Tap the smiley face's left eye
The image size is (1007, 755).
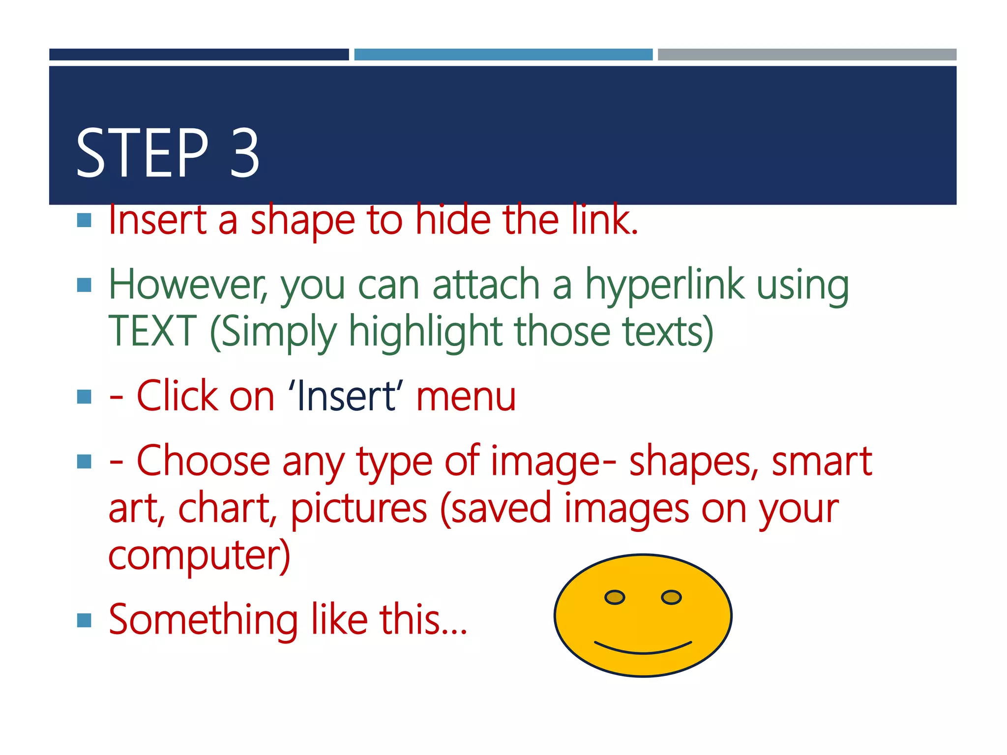(614, 597)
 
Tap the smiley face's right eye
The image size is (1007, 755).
(671, 597)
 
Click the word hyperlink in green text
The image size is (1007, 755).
(664, 286)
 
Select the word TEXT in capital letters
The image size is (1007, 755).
(152, 331)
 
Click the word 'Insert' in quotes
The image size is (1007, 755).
(346, 396)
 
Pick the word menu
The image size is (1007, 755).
(466, 396)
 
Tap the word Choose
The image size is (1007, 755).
(203, 461)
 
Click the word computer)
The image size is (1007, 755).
(199, 555)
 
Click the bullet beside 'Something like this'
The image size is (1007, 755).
(85, 620)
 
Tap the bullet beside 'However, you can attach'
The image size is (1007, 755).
(85, 285)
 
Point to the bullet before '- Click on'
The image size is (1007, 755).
(85, 396)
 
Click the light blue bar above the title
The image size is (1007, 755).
(503, 55)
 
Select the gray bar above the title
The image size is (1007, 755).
(807, 55)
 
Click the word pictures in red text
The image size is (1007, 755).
(359, 509)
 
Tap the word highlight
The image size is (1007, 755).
(425, 331)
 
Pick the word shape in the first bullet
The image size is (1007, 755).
(302, 221)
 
